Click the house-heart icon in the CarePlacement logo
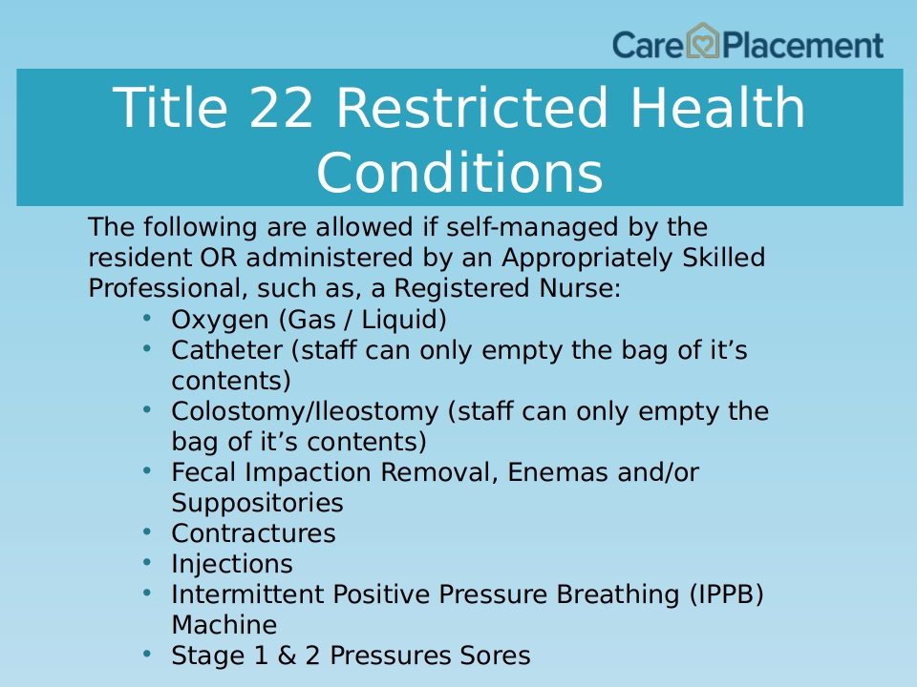click(x=702, y=41)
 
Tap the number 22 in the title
click(x=281, y=108)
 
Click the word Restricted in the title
click(x=472, y=108)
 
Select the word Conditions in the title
click(x=459, y=173)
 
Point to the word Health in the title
click(x=718, y=108)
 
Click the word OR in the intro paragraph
click(x=218, y=258)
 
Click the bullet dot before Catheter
click(x=147, y=349)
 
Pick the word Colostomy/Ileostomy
click(x=305, y=412)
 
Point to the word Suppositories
click(x=257, y=504)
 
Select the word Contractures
click(x=253, y=533)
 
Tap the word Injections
click(x=232, y=565)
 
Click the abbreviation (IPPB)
click(x=726, y=594)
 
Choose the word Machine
click(x=224, y=625)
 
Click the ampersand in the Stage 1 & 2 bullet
click(x=286, y=656)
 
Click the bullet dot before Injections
click(x=147, y=563)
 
